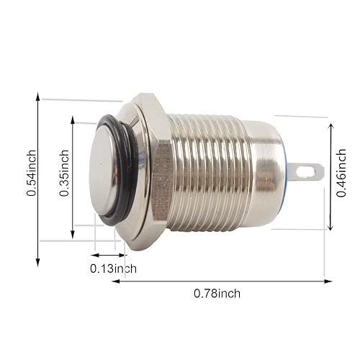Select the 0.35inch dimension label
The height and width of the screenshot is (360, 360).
65,173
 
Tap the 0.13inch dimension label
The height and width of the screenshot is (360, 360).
113,269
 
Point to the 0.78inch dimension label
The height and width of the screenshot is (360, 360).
217,293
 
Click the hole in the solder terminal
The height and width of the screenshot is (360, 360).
312,171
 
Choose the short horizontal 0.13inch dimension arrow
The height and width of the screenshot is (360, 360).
109,254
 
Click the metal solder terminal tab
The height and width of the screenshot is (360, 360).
308,171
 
